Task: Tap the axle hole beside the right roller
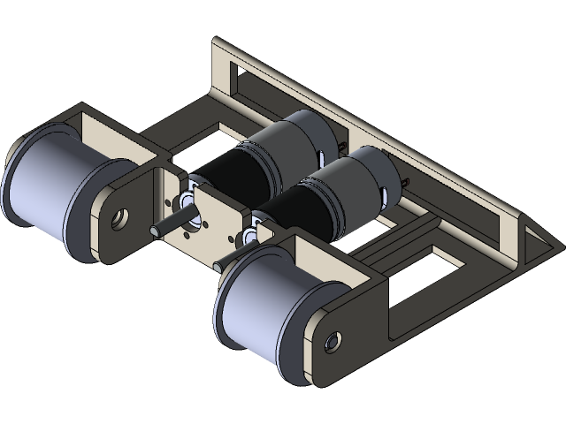pyautogui.click(x=333, y=339)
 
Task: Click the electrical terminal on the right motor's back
pyautogui.click(x=405, y=182)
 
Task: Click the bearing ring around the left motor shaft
pyautogui.click(x=187, y=196)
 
